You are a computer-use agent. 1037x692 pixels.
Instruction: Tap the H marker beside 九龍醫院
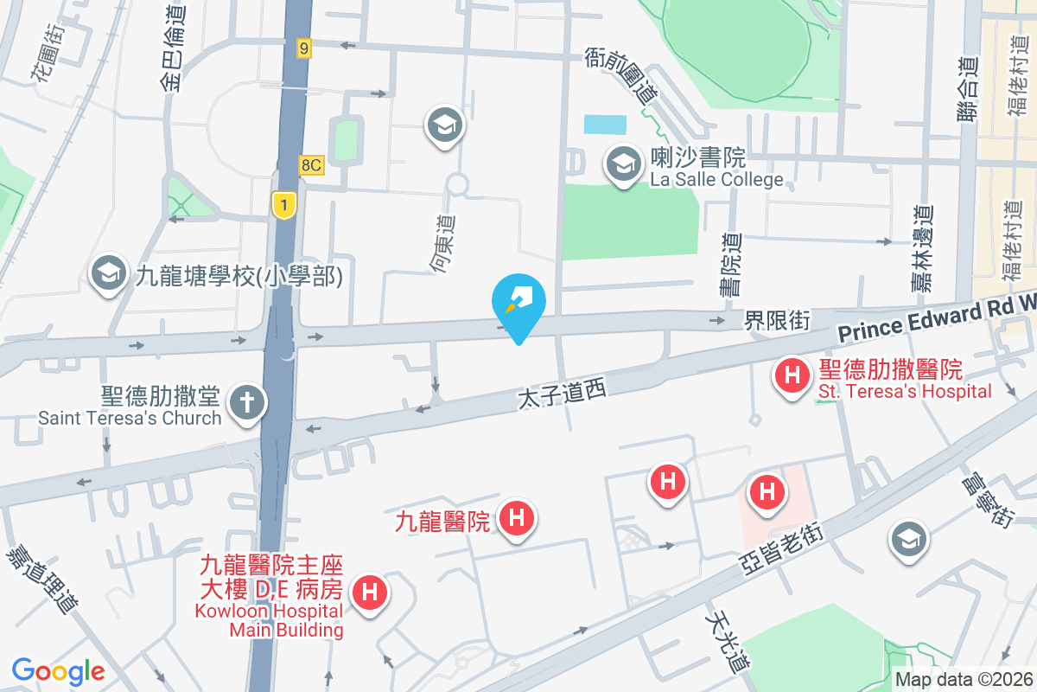click(517, 520)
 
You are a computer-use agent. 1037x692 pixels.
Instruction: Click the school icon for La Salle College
click(620, 163)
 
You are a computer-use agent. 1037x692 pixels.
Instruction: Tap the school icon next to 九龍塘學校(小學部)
click(109, 273)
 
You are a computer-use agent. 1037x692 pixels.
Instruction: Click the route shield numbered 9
click(302, 48)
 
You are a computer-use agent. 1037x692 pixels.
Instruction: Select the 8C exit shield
click(312, 164)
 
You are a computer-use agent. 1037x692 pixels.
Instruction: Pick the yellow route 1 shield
click(283, 205)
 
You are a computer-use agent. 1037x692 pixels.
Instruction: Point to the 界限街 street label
click(778, 321)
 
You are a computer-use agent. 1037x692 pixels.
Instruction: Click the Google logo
click(59, 670)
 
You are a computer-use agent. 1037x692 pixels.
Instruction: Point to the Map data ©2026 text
click(964, 680)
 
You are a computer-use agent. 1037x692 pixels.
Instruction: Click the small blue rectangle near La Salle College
click(605, 125)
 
